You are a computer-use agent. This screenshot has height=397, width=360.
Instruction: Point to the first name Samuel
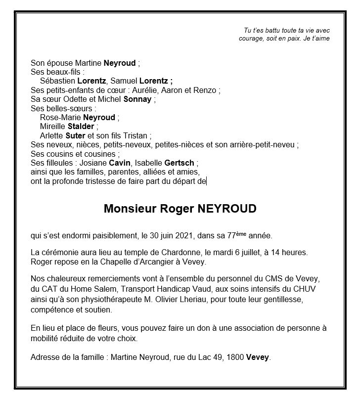(x=123, y=81)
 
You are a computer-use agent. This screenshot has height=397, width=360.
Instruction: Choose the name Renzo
(x=207, y=90)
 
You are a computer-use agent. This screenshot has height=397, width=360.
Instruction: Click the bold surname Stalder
(x=81, y=126)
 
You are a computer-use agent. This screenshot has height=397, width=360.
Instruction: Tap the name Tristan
(x=136, y=135)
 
